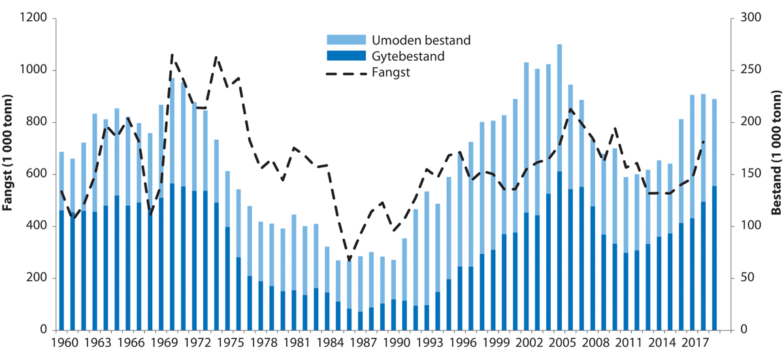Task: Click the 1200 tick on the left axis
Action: pos(34,19)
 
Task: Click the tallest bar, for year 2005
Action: pos(559,196)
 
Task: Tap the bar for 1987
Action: pos(361,294)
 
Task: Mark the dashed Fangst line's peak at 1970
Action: pos(172,56)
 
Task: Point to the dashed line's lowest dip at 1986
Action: pos(349,260)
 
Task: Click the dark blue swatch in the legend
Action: pos(343,57)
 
